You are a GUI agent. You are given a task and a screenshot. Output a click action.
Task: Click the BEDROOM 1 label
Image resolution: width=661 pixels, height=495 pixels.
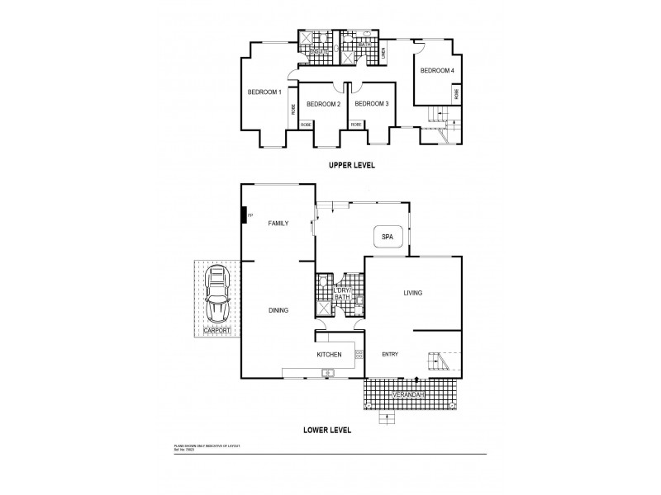click(x=265, y=92)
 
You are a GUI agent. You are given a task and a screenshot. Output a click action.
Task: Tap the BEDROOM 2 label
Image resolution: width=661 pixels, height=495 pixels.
click(x=323, y=104)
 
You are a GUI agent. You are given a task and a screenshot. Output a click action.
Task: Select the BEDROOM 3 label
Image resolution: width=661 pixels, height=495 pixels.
click(x=372, y=104)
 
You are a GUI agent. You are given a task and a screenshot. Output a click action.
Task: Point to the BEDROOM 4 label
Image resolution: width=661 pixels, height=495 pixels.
click(x=437, y=71)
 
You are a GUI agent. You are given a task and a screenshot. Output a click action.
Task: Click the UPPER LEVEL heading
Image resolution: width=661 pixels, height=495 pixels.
click(x=352, y=165)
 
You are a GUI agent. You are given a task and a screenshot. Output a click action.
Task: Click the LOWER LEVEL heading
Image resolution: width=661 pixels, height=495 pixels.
click(x=328, y=430)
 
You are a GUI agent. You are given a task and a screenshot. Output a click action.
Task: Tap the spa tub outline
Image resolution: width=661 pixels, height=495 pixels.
click(x=388, y=237)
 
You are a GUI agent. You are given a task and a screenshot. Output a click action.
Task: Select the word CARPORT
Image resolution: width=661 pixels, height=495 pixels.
click(x=217, y=330)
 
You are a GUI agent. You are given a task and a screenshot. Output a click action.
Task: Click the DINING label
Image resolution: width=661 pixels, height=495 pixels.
click(x=278, y=310)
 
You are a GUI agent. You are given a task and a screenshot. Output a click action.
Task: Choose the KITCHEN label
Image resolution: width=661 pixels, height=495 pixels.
click(x=329, y=355)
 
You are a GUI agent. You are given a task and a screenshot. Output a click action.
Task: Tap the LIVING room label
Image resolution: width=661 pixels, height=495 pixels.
click(x=413, y=294)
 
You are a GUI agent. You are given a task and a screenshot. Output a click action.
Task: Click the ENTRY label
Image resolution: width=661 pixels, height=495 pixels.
click(x=390, y=355)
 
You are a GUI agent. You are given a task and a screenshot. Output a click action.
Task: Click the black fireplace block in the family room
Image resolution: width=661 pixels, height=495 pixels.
click(x=245, y=215)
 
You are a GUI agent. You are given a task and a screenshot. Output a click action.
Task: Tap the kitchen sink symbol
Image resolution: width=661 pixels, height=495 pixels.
click(x=327, y=373)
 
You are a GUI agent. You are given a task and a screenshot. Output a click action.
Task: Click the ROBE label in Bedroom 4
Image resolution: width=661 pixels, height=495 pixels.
click(x=457, y=95)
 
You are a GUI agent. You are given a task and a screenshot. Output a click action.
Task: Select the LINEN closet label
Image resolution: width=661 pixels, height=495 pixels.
click(x=384, y=52)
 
